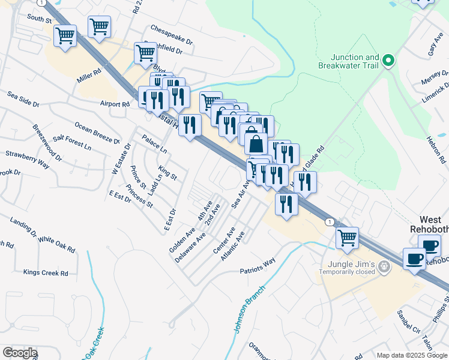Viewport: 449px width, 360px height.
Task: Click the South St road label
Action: [x=40, y=19]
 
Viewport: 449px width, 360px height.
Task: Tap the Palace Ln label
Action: [x=154, y=143]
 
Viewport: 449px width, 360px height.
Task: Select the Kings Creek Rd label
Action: [x=46, y=273]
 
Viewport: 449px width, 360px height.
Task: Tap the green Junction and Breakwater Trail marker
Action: [x=388, y=59]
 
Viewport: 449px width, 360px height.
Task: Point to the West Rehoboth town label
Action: [x=433, y=224]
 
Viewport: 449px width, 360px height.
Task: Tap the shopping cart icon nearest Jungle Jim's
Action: [x=347, y=238]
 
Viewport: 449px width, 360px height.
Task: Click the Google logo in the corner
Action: [x=19, y=352]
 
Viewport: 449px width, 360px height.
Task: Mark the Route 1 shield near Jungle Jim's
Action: [x=329, y=222]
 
